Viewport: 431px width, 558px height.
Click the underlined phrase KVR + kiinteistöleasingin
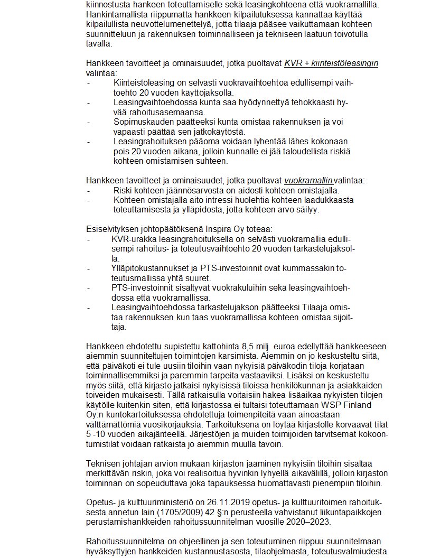[x=331, y=63]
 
